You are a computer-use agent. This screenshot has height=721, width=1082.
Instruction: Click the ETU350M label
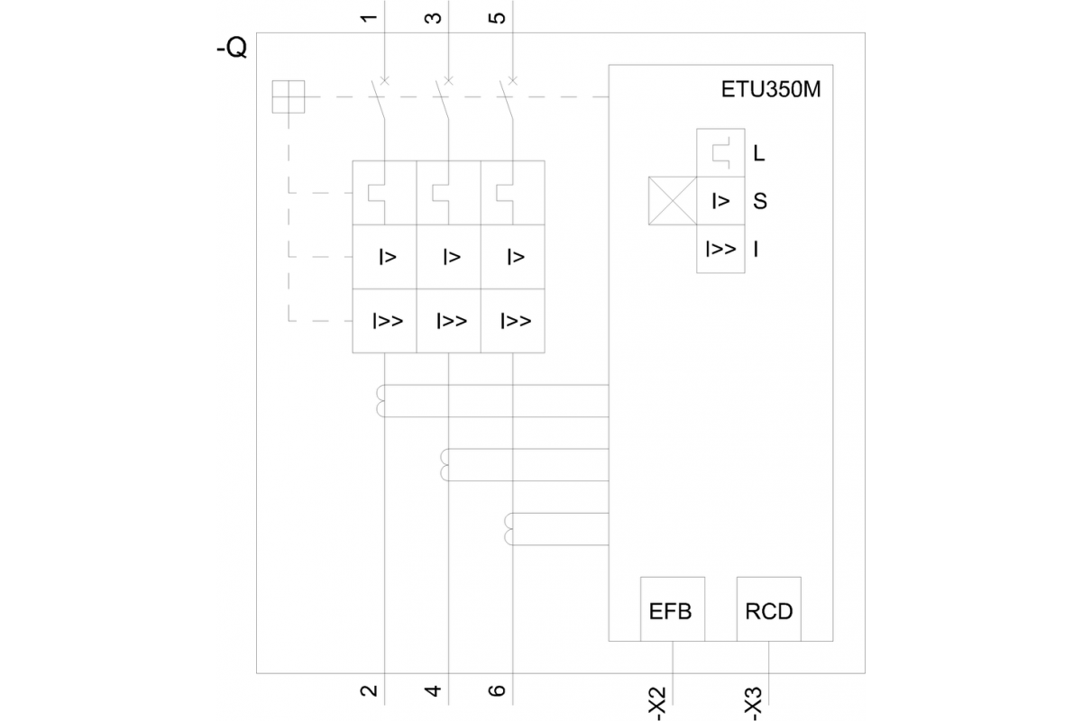771,91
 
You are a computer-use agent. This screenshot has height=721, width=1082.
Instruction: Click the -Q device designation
232,49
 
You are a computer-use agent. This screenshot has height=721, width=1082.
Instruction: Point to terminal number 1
370,16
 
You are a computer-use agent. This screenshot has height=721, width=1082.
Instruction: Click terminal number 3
434,16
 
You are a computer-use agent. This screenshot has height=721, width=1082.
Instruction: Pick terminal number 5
499,16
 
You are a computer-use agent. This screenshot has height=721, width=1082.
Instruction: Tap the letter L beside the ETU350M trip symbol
759,153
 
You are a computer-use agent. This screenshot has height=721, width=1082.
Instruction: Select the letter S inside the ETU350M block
760,201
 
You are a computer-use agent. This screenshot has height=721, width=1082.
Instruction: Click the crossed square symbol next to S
672,200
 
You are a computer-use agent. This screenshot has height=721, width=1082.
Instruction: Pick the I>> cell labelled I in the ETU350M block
720,248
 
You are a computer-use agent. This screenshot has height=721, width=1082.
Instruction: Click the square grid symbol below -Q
289,97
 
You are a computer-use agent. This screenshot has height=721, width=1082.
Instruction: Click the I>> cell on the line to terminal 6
514,321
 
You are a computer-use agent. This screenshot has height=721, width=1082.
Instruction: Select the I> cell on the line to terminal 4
450,258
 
